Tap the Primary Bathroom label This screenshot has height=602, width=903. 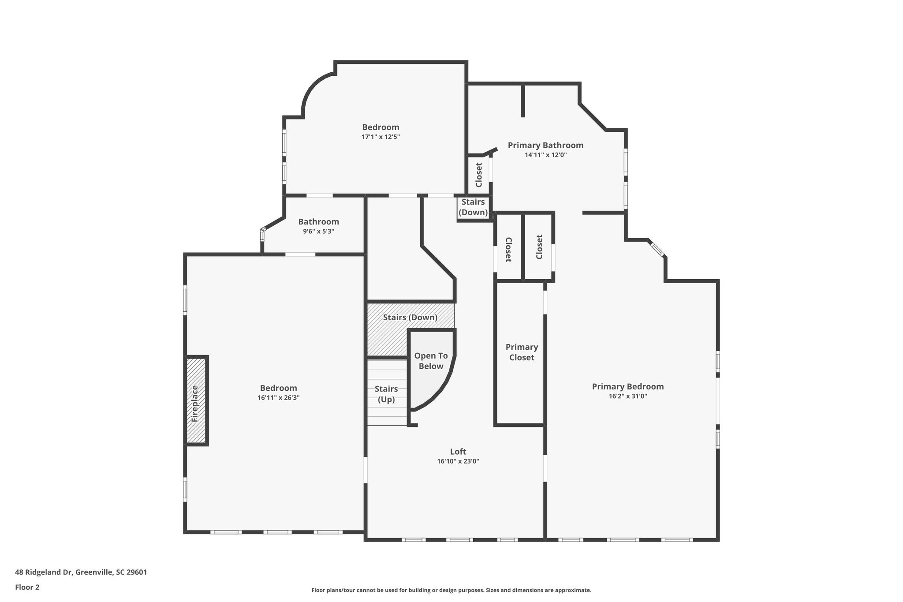point(545,145)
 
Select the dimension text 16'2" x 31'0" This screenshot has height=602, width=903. point(627,396)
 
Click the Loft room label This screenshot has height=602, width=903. point(458,452)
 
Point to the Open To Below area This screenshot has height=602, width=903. point(431,361)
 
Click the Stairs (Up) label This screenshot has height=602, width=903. point(386,394)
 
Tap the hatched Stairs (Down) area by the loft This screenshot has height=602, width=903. point(410,317)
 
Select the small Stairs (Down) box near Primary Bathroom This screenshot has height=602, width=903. point(473,207)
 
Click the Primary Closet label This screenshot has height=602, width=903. point(522,352)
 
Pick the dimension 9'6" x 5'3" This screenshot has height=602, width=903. point(318,231)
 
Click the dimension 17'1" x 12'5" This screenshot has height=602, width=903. point(381,137)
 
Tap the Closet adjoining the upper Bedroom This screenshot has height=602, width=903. point(479,175)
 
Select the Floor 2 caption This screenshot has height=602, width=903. point(27,587)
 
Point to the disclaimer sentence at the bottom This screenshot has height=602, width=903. point(451,590)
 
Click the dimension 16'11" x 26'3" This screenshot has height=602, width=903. point(278,397)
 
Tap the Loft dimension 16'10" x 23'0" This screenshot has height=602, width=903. point(458,461)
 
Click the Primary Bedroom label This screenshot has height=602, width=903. point(627,386)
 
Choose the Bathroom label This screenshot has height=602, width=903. point(318,222)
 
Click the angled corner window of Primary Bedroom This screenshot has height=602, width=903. point(657,249)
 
